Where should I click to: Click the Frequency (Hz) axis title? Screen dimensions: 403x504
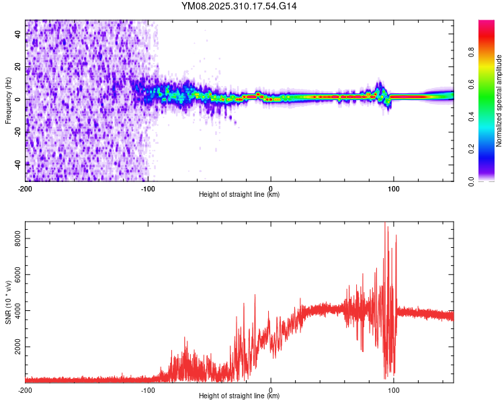click(x=8, y=101)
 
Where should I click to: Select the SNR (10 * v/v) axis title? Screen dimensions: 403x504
click(x=8, y=302)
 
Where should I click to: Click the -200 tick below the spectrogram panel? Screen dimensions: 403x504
click(x=26, y=189)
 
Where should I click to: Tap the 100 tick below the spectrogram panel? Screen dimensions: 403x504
click(x=394, y=189)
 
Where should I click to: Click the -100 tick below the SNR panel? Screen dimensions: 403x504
click(x=148, y=390)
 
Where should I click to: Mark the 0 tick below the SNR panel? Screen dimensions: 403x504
click(x=271, y=390)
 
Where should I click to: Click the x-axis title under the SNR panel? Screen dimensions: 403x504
click(x=239, y=397)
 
